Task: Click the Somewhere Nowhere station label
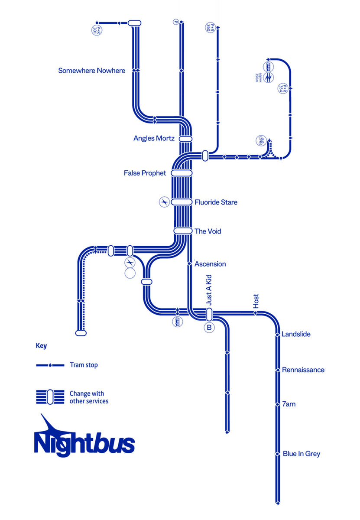click(x=91, y=70)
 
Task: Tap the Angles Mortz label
click(x=154, y=138)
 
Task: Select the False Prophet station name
click(x=145, y=173)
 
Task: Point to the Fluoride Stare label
click(x=216, y=202)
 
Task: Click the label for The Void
click(x=208, y=231)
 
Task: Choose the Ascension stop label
click(x=210, y=263)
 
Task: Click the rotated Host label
click(x=256, y=301)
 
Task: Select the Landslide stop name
click(x=296, y=334)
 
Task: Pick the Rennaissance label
click(x=303, y=370)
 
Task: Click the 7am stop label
click(x=289, y=404)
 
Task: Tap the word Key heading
click(x=41, y=346)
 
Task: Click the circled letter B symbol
click(x=209, y=328)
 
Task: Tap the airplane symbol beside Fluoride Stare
click(x=164, y=202)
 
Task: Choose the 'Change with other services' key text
click(x=88, y=397)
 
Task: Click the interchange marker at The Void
click(x=183, y=231)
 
